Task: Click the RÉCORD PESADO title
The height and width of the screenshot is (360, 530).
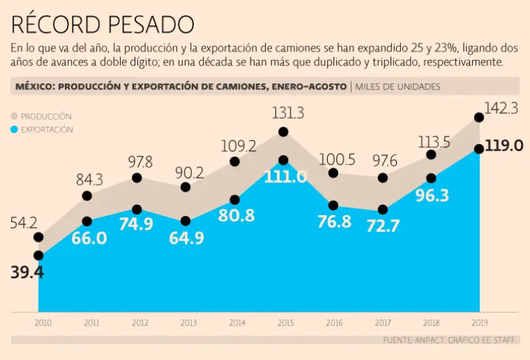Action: (102, 24)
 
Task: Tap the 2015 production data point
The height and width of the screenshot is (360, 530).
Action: (283, 132)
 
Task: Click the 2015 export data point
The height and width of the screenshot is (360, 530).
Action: (283, 160)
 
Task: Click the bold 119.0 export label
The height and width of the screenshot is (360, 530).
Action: (504, 146)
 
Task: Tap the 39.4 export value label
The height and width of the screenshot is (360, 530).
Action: (28, 272)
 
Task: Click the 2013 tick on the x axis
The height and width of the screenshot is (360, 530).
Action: (188, 322)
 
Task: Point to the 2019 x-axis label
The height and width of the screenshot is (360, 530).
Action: (479, 322)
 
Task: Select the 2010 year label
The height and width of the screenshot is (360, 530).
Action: (43, 322)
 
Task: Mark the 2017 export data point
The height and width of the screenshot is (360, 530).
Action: (383, 209)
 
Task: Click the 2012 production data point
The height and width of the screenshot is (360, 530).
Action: (137, 178)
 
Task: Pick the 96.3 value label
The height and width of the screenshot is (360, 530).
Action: (433, 196)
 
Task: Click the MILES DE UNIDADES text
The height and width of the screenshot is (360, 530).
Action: (397, 86)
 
